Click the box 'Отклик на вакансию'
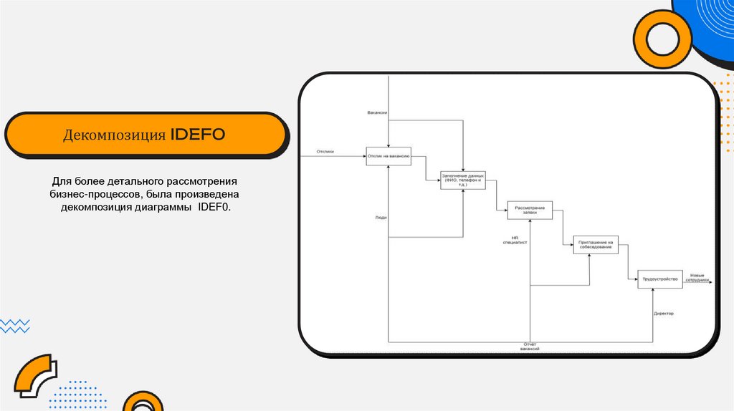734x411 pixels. [389, 156]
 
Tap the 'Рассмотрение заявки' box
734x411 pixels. [530, 209]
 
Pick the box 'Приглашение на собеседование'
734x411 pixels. [596, 245]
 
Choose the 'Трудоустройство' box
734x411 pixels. [659, 279]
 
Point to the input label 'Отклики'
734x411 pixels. [325, 152]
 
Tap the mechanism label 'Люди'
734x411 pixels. [381, 217]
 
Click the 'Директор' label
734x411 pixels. [664, 314]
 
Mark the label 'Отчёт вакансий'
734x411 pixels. [530, 345]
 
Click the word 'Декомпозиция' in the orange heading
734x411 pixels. [115, 135]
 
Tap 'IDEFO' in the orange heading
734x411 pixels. [197, 135]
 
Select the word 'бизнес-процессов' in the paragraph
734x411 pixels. [96, 194]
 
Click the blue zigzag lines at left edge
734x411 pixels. [14, 326]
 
